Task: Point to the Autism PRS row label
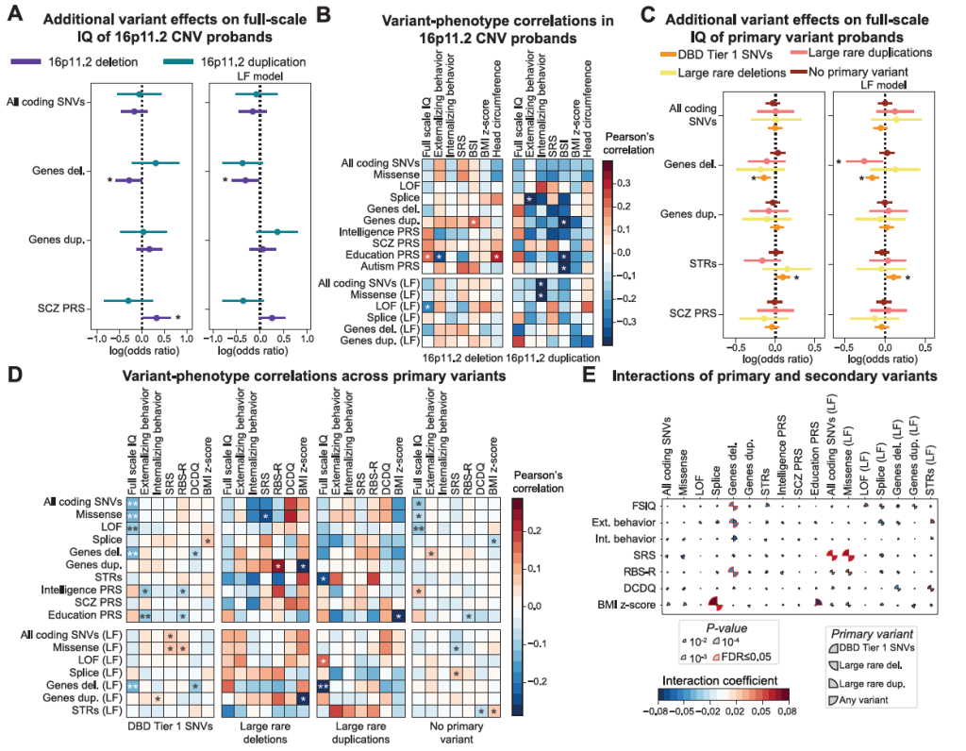click(x=386, y=268)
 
